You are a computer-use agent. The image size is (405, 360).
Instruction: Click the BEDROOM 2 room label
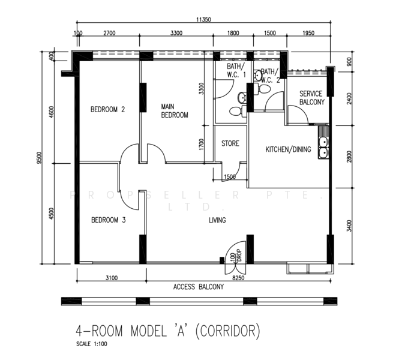(108, 109)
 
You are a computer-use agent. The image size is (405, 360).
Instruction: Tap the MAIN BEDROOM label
(175, 111)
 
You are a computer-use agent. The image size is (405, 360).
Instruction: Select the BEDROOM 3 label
(109, 220)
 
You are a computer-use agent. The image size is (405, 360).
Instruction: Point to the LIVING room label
(217, 220)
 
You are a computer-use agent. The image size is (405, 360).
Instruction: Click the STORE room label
(230, 143)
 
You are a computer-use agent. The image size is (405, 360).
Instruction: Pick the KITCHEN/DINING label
(288, 149)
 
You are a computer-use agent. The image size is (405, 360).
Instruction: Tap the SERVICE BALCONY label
(312, 98)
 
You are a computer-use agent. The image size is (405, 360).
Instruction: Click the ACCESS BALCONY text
(199, 287)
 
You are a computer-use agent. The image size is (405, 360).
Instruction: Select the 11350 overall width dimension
(203, 19)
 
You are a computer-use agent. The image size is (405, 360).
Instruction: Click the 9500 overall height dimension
(39, 158)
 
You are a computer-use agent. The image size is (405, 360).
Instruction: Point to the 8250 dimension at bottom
(238, 278)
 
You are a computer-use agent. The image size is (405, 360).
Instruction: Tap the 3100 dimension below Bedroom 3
(112, 278)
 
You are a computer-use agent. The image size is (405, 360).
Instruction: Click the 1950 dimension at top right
(308, 33)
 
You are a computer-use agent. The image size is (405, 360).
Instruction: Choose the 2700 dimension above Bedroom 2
(110, 33)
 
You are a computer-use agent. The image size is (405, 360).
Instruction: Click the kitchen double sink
(323, 147)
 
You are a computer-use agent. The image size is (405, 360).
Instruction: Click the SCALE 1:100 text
(92, 344)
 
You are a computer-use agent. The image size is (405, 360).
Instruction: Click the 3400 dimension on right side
(349, 226)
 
